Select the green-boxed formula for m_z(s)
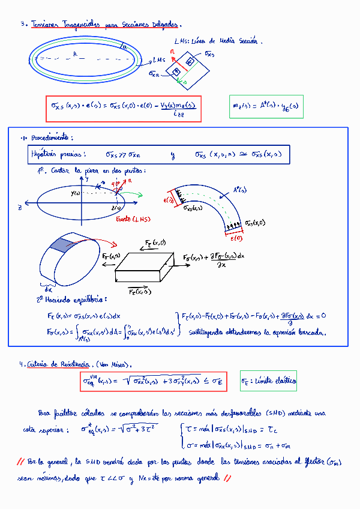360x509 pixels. [x=266, y=107]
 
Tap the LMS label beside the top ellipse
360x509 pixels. [x=159, y=59]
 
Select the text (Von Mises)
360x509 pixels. [x=114, y=364]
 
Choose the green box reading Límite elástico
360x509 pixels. [x=268, y=381]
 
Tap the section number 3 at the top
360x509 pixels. [x=22, y=25]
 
